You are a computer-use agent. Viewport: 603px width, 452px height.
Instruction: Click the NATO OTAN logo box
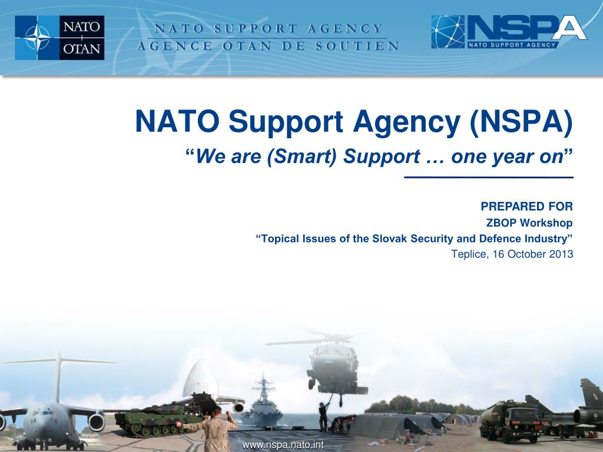coord(59,38)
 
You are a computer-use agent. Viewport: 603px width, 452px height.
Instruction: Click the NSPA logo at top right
coord(509,32)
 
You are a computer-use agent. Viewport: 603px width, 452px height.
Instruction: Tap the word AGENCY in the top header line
coord(346,28)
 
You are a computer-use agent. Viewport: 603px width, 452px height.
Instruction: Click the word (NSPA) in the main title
coord(521,122)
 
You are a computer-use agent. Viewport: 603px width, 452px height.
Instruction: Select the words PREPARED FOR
coord(526,206)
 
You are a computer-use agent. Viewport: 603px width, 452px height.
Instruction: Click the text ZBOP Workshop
coord(529,222)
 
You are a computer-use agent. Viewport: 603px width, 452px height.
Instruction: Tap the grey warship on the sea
coord(261,406)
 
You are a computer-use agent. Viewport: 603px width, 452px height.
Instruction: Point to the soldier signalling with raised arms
coord(217,427)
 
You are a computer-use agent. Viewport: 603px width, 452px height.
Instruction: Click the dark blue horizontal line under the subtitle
coord(488,177)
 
